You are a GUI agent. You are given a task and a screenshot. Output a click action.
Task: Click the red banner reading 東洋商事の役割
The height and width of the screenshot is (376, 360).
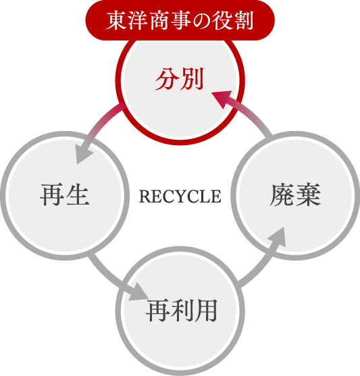point(180,20)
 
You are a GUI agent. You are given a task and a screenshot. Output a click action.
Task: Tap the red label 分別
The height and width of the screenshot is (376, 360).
point(180,79)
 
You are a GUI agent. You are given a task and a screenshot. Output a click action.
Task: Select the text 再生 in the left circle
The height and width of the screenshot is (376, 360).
point(65,194)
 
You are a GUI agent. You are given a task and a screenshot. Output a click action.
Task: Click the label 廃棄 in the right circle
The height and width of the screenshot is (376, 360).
point(295,194)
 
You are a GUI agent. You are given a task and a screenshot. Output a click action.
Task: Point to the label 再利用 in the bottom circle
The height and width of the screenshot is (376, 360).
point(182,310)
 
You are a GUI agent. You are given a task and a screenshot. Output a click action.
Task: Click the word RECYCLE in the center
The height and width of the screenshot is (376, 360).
point(180,196)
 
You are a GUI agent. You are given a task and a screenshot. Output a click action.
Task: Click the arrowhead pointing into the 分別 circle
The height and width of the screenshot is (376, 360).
point(222,99)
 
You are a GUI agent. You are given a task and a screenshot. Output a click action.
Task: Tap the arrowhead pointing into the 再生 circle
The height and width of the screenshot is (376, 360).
point(84,153)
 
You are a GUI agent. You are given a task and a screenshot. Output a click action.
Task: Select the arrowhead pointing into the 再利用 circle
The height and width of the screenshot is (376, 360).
point(138,292)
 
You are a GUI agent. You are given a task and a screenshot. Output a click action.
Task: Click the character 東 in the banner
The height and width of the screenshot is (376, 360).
point(116,21)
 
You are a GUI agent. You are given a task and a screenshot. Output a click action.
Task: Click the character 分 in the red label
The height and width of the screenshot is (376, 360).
point(166,79)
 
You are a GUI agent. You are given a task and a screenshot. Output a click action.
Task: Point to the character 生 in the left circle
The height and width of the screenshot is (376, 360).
point(78,194)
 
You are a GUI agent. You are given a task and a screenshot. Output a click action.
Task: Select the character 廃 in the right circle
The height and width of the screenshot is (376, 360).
point(282,194)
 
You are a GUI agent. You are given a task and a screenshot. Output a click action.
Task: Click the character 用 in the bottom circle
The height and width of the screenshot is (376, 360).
point(206,310)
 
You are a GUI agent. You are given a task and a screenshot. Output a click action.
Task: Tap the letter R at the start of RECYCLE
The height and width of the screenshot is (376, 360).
point(145,196)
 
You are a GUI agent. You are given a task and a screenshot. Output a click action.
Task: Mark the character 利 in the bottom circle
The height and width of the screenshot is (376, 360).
point(182,310)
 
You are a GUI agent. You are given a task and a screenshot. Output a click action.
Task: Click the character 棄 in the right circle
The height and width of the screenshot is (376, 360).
point(309,194)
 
